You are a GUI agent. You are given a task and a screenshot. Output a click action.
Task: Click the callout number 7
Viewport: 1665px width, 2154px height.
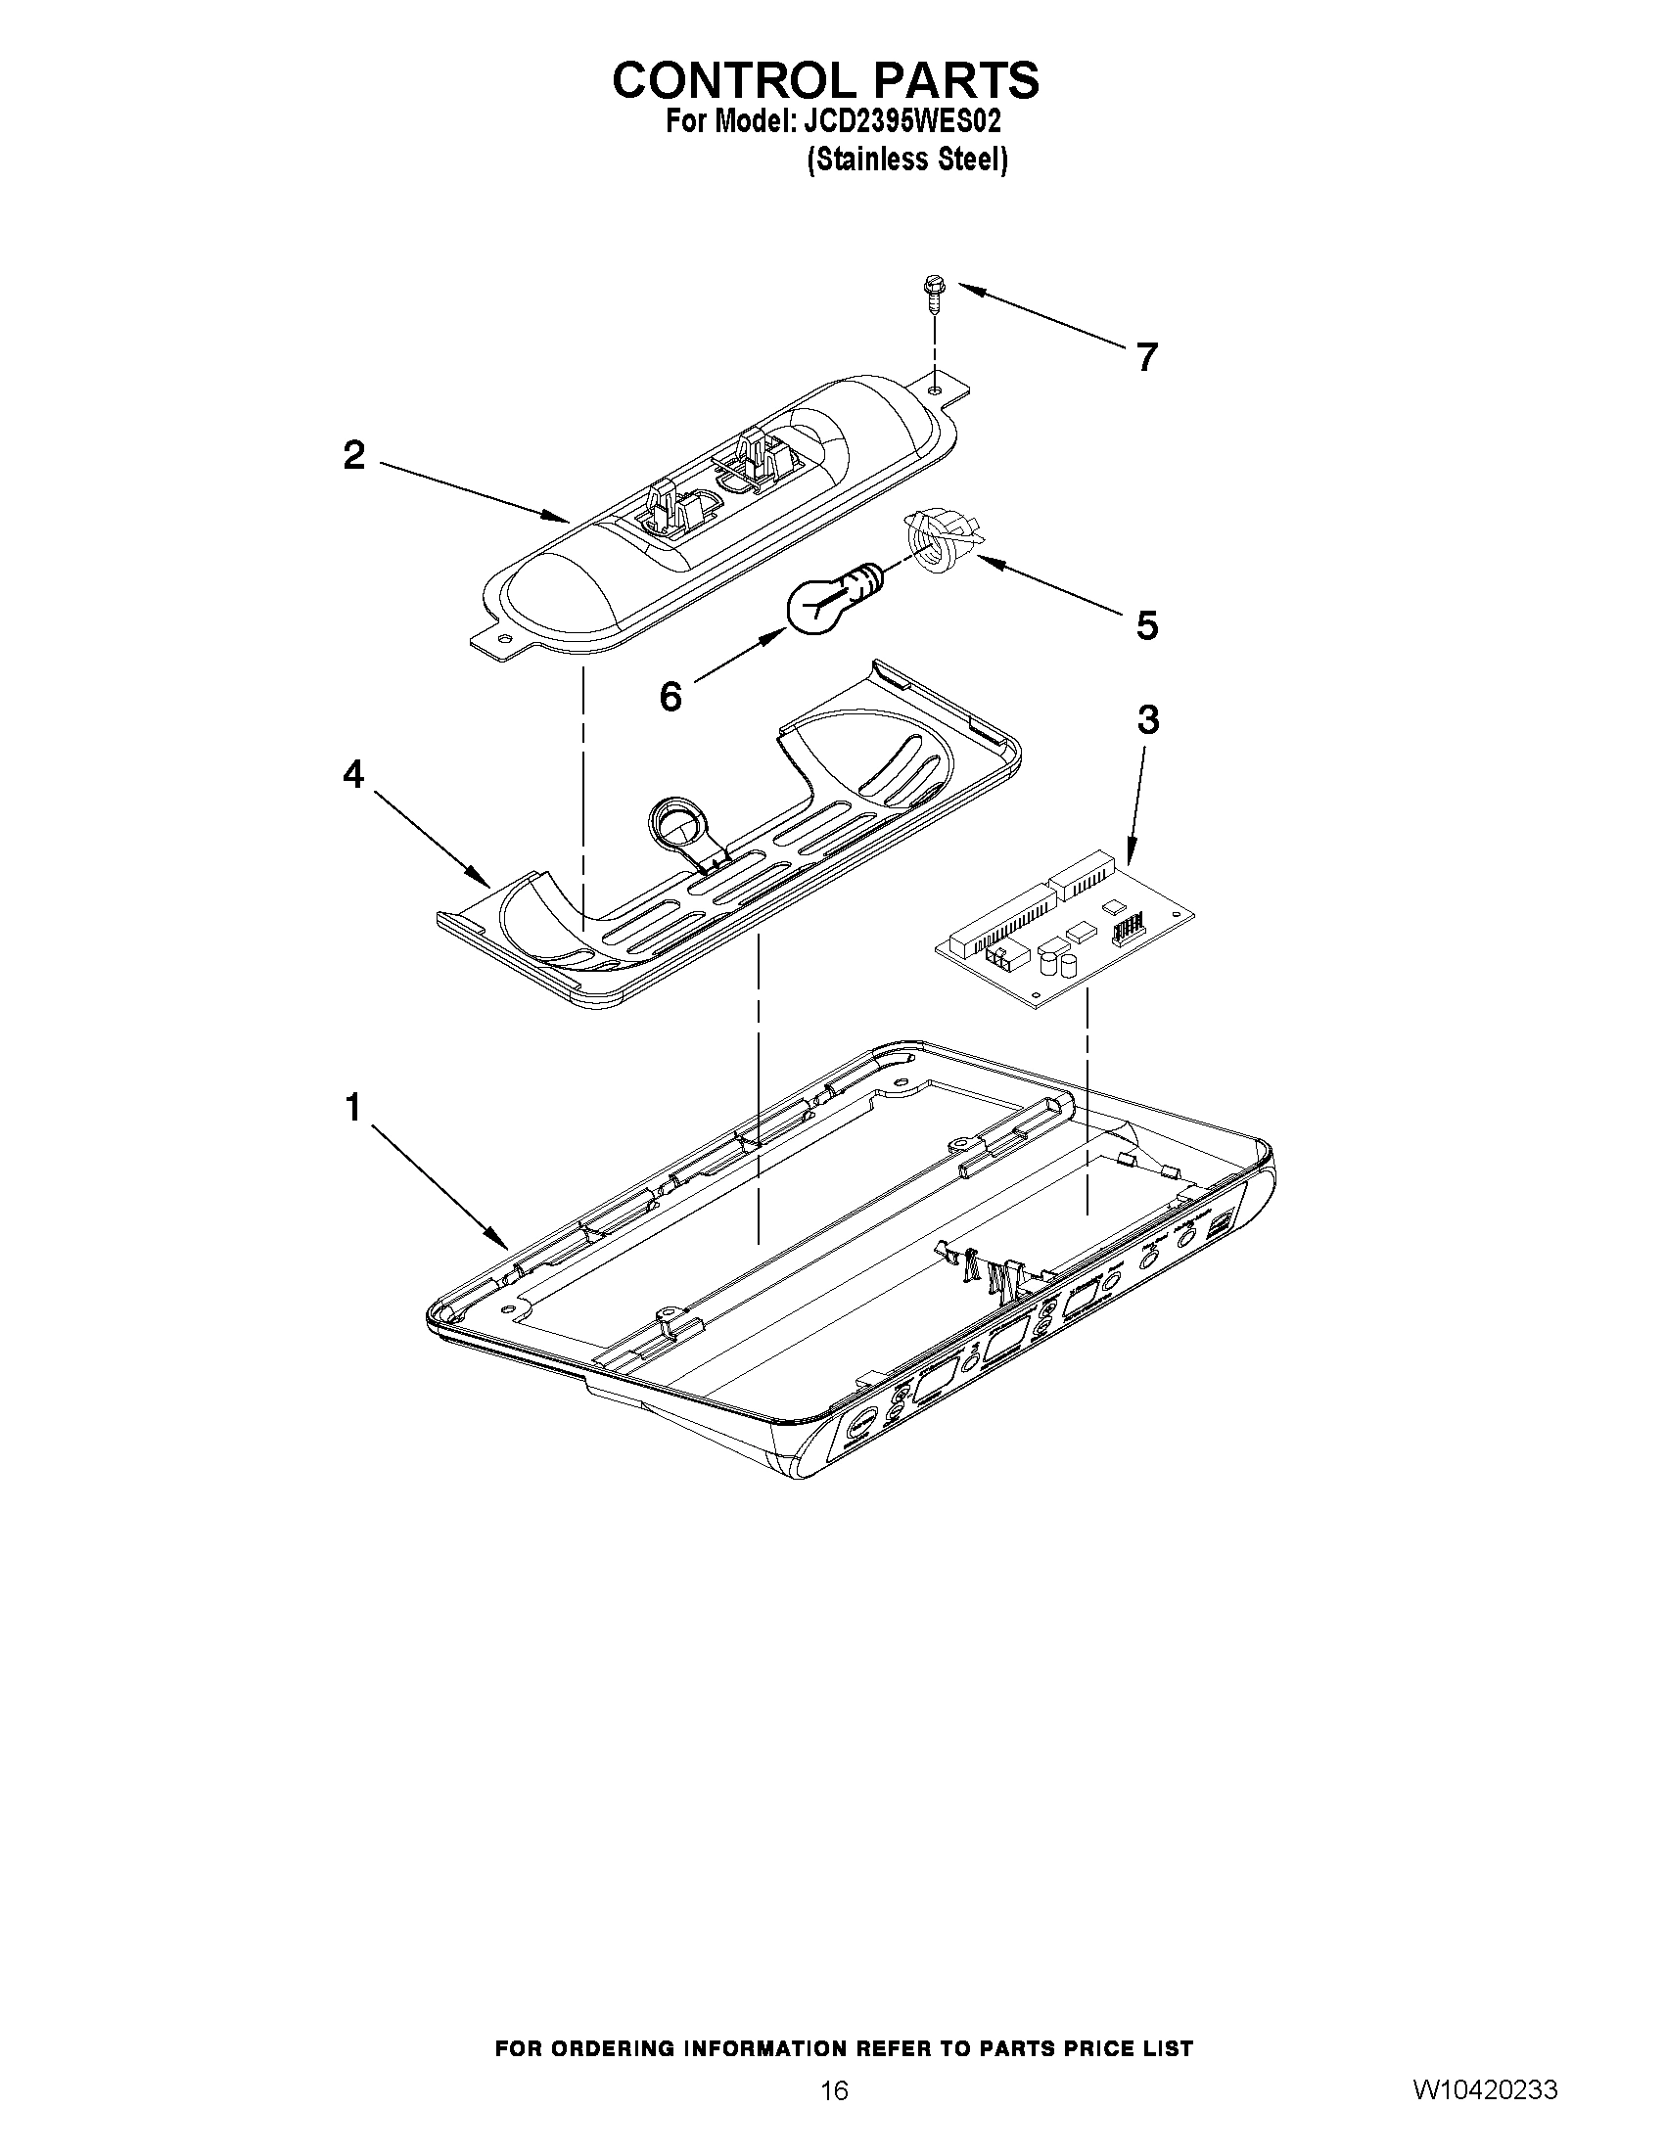point(1145,357)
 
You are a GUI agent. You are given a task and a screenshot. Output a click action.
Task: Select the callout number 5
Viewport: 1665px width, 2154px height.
point(1146,624)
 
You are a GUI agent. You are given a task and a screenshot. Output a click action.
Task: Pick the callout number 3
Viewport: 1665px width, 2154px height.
point(1147,721)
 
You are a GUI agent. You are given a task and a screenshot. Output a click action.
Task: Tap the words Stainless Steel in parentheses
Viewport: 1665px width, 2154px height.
point(906,159)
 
